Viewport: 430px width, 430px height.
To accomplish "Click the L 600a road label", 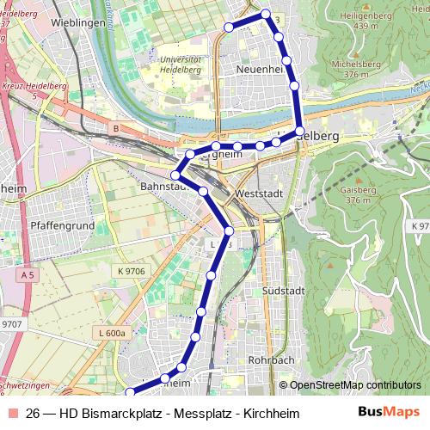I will [112, 332].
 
